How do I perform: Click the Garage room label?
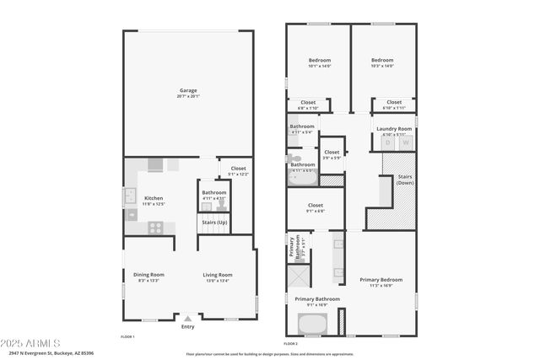(187, 90)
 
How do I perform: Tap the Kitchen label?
(153, 198)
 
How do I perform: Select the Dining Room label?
(148, 274)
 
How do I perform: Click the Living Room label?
(217, 274)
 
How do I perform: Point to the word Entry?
(187, 327)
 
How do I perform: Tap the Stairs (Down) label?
(405, 180)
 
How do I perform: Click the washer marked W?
(406, 142)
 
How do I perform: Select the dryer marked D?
(388, 142)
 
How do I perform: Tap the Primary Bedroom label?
(381, 279)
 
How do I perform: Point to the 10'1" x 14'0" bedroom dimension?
(320, 66)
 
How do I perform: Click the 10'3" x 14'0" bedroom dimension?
(382, 66)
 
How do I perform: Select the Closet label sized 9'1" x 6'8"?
(315, 205)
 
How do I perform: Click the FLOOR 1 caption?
(127, 336)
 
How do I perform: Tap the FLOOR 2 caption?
(291, 344)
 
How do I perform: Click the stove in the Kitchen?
(156, 226)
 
